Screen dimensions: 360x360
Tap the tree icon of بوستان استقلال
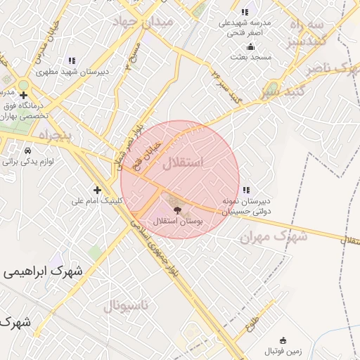click(x=176, y=210)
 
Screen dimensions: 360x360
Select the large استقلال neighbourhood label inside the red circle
click(x=182, y=164)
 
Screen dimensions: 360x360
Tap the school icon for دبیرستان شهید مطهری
click(x=70, y=60)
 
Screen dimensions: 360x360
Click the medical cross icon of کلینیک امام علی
click(x=97, y=190)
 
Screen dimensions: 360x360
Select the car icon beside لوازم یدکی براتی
click(x=27, y=150)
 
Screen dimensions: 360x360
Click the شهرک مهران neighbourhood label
click(x=274, y=237)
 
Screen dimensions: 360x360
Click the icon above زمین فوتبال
click(x=283, y=340)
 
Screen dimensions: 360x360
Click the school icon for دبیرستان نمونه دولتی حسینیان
click(x=245, y=190)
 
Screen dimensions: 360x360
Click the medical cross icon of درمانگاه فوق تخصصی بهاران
click(x=24, y=95)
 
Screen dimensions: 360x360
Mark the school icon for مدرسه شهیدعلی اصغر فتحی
click(x=245, y=12)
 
